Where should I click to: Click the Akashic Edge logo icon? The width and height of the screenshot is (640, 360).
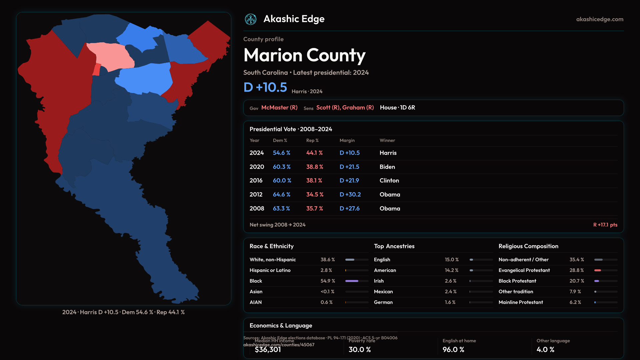(251, 19)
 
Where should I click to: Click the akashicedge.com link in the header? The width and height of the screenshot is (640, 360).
(599, 19)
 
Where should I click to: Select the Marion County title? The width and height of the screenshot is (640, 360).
(304, 55)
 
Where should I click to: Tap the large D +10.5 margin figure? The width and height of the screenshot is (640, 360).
(265, 87)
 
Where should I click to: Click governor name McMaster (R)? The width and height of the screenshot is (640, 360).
(279, 108)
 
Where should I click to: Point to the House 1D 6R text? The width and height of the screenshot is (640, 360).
(397, 108)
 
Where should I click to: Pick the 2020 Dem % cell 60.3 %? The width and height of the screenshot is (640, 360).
(282, 167)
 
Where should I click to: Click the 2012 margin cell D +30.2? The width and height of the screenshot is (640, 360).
(350, 194)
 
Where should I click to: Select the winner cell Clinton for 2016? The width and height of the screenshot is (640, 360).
(389, 180)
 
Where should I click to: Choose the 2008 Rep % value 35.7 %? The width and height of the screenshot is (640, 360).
(314, 208)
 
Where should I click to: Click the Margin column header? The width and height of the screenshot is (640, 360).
(347, 140)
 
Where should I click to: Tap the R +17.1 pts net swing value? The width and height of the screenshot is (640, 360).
(605, 225)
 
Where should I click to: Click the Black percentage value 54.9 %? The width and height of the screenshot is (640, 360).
(328, 281)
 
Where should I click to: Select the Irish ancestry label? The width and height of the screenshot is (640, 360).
(379, 281)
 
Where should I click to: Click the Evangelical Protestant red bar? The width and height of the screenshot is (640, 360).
(598, 270)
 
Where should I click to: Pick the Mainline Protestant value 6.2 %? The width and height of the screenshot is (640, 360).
(575, 302)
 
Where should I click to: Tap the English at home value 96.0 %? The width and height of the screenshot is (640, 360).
(453, 349)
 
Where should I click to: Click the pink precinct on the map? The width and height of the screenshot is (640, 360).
(110, 55)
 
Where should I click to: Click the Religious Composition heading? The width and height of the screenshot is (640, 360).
(528, 246)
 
